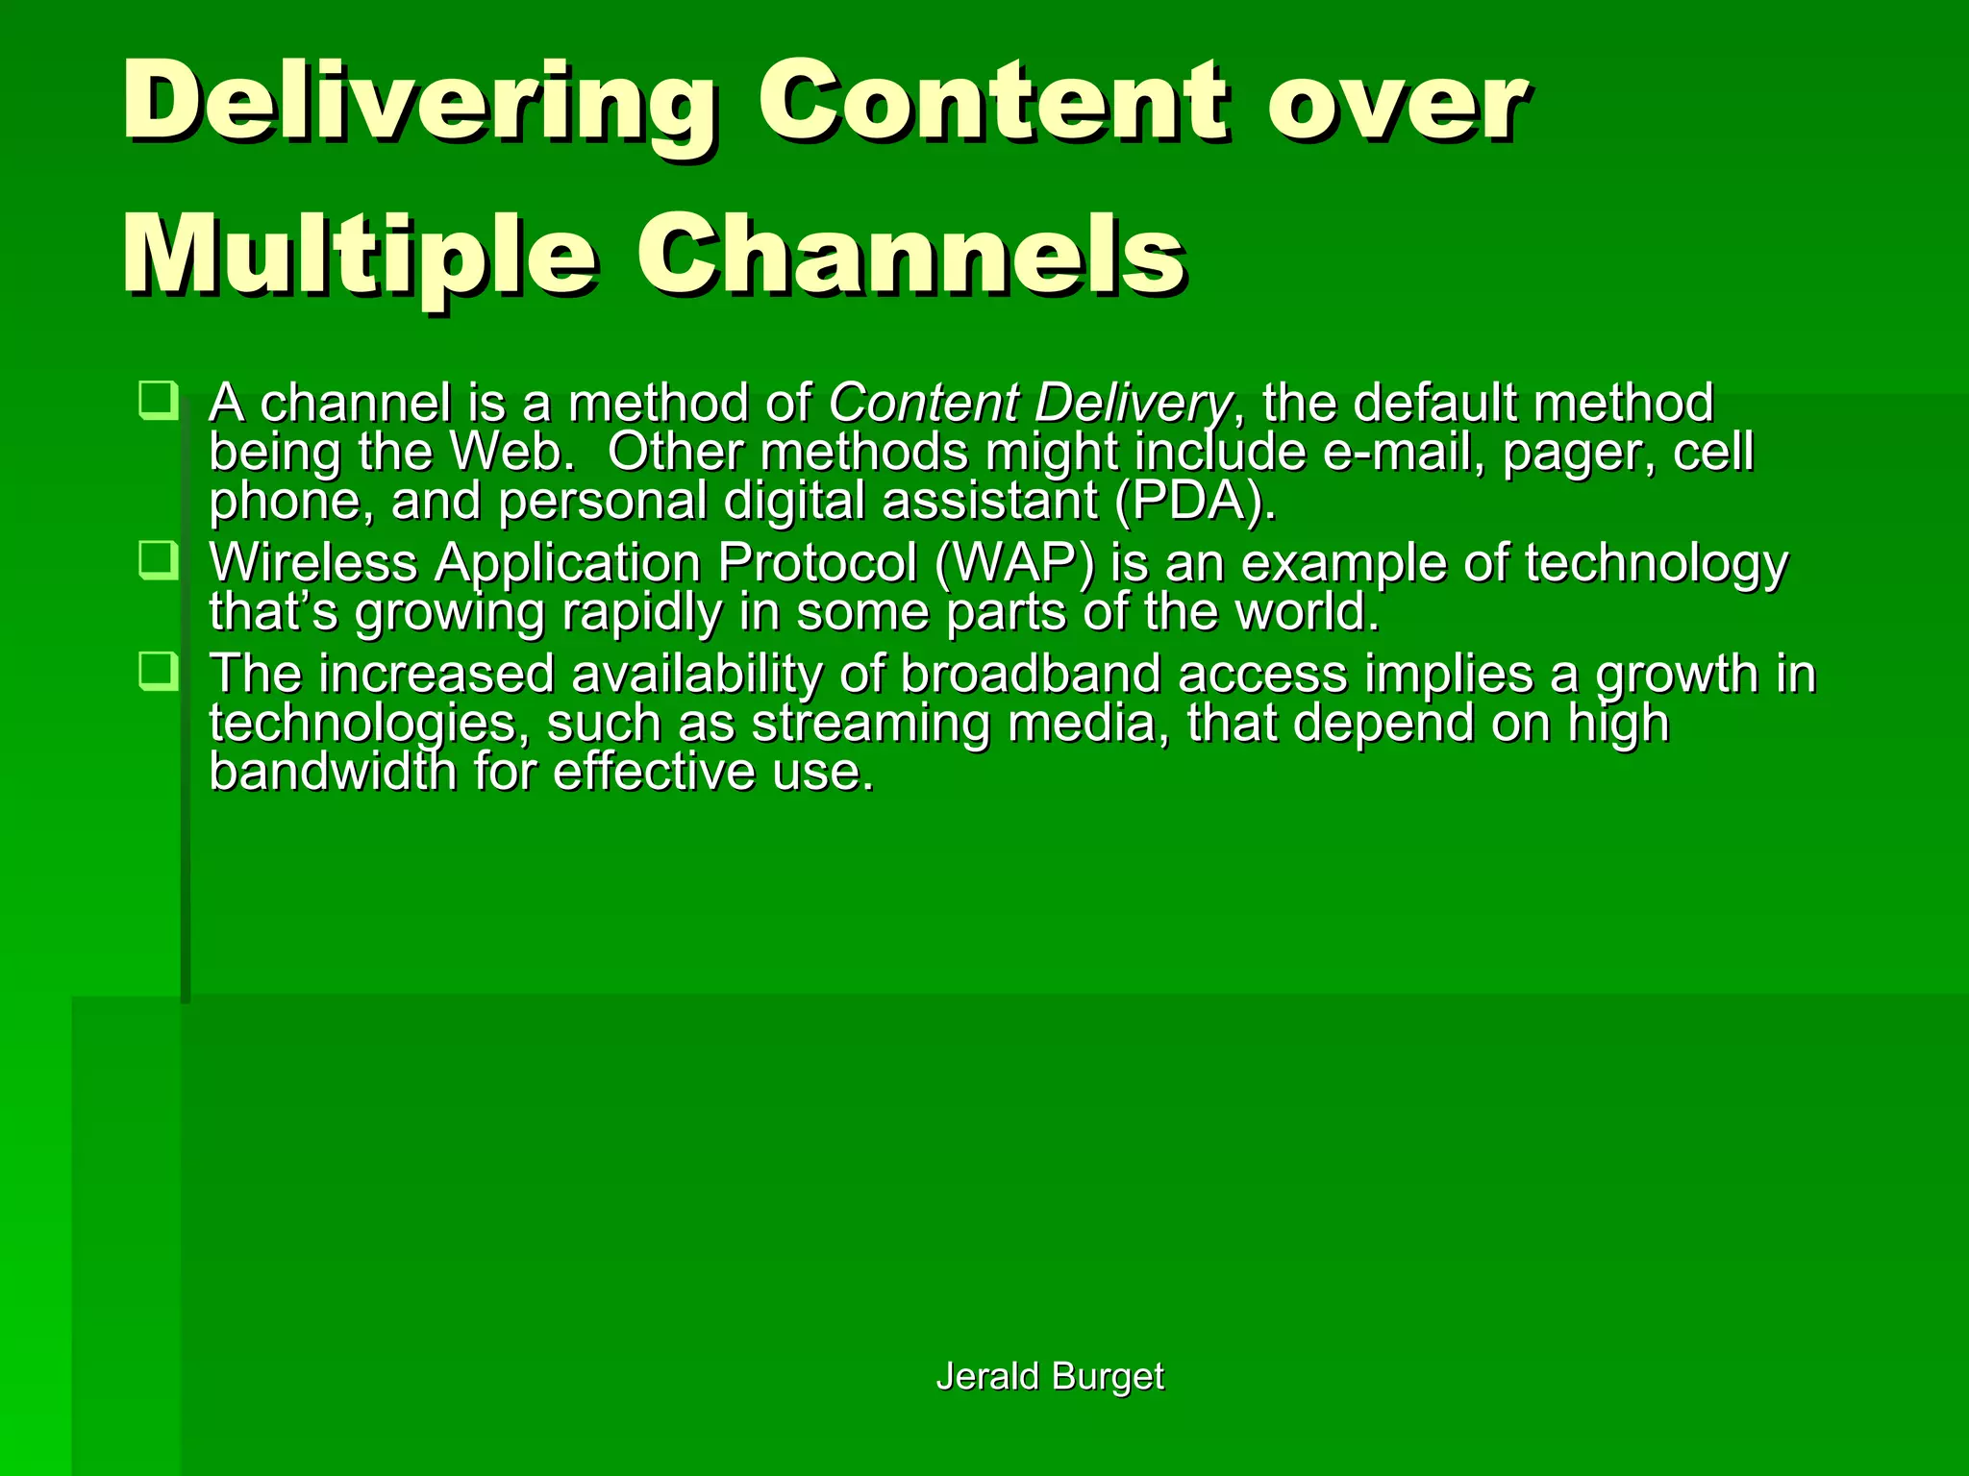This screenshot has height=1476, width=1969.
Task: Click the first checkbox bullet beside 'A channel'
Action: point(158,401)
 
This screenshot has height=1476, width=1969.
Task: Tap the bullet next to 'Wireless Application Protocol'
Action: point(158,560)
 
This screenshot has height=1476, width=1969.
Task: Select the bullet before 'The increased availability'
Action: point(158,671)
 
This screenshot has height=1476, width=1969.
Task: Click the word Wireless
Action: point(313,563)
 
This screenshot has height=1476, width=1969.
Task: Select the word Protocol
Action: point(817,563)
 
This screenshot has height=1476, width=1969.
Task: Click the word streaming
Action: point(870,724)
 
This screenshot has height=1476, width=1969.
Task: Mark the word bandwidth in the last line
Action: point(333,772)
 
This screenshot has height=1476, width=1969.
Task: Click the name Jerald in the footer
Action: point(987,1376)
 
